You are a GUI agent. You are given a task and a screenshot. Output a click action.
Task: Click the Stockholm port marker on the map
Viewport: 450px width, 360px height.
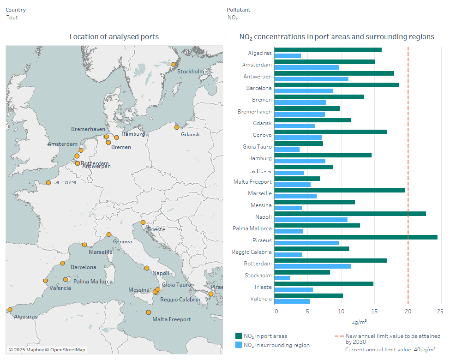[x=173, y=64]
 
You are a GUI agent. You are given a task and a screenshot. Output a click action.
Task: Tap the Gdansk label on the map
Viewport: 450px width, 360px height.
[x=190, y=135]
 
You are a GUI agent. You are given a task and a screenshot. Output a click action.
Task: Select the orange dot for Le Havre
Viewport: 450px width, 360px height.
[x=48, y=183]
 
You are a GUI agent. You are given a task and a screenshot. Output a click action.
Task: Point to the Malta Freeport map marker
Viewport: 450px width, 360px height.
[x=148, y=312]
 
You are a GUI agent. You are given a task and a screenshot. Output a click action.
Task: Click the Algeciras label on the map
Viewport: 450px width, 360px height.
[x=26, y=317]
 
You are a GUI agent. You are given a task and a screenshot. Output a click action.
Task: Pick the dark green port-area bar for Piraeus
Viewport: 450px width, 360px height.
[x=355, y=237]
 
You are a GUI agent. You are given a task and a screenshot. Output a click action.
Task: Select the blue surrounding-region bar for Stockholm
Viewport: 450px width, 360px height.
[x=282, y=278]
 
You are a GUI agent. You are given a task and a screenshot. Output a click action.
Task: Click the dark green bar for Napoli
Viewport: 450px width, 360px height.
[x=350, y=214]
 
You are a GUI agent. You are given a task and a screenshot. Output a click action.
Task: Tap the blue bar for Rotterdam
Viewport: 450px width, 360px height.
[x=313, y=266]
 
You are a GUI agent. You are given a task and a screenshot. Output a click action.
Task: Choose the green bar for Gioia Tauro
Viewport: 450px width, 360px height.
[x=298, y=143]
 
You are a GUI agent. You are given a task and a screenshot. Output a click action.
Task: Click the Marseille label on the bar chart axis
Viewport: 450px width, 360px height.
[x=260, y=193]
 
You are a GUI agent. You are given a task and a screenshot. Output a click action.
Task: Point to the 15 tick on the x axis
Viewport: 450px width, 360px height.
[x=374, y=311]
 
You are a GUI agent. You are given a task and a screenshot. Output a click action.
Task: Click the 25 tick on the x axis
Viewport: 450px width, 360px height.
[x=440, y=311]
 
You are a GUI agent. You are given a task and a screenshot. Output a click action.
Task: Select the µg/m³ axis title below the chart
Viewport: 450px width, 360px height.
[x=359, y=322]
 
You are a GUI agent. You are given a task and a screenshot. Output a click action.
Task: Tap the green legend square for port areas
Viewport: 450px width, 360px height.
[x=239, y=336]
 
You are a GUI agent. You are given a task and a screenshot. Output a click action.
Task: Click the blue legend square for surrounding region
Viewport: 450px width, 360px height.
[x=239, y=345]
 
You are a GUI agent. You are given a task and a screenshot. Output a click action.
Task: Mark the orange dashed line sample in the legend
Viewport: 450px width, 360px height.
[x=339, y=336]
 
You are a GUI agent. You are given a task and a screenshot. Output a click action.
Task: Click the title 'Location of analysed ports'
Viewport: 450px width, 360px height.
[x=114, y=37]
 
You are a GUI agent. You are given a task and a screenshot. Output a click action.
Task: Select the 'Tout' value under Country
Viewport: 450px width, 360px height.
[x=12, y=18]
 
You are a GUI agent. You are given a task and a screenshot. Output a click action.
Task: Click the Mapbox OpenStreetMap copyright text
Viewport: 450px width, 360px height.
[x=47, y=350]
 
